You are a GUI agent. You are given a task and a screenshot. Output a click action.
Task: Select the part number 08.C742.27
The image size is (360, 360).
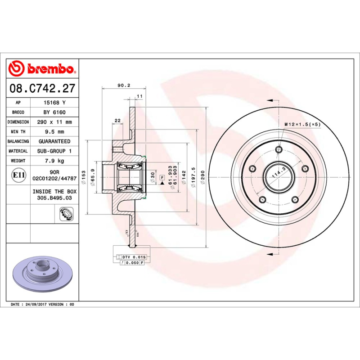(x=42, y=88)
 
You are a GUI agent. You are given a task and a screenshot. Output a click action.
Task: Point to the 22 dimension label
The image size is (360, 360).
(x=117, y=120)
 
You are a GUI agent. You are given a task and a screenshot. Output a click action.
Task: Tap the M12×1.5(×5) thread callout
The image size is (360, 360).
(x=302, y=124)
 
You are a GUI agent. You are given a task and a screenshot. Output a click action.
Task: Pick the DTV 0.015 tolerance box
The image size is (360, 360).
(x=133, y=256)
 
